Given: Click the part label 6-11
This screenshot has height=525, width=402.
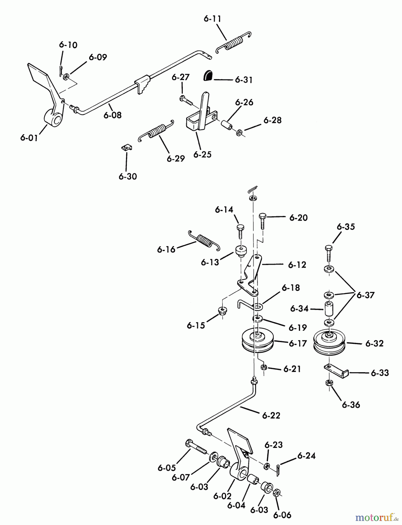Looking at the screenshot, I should [212, 19].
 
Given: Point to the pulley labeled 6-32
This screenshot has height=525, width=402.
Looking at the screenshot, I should [329, 342].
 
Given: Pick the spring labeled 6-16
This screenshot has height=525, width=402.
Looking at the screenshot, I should [204, 240].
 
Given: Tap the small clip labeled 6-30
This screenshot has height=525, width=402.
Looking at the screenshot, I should [127, 148].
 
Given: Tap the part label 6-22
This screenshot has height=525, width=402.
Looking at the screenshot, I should [271, 415].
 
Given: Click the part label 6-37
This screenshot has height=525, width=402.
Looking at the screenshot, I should [366, 295].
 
